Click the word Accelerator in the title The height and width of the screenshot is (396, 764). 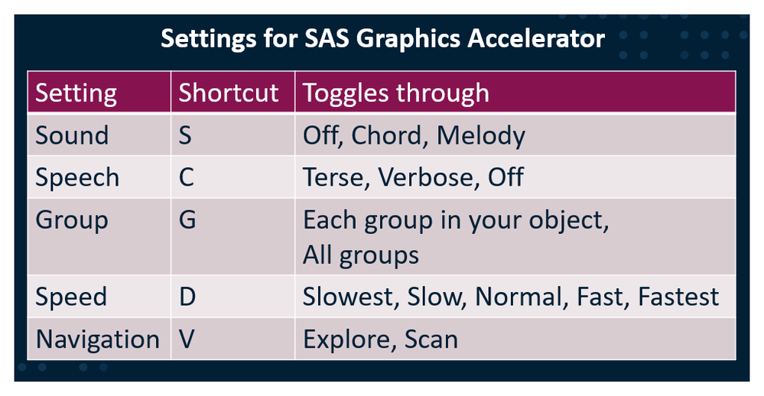point(536,38)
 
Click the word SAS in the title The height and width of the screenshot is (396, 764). point(327,38)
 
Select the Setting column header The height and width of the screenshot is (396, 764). point(76,93)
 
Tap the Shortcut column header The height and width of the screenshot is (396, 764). point(229,93)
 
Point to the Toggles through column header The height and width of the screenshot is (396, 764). point(395,93)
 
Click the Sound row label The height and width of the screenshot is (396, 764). point(72,135)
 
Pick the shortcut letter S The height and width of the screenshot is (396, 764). point(185,135)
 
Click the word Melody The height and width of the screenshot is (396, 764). point(481,136)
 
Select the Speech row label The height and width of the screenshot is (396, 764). point(77,178)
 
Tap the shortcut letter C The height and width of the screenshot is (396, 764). point(186,177)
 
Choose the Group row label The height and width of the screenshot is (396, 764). point(72,221)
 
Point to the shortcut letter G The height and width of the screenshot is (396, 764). point(187,219)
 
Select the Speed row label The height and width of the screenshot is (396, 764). point(71,297)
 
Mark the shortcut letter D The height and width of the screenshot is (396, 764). point(187,297)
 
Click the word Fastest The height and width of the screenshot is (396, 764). point(678,297)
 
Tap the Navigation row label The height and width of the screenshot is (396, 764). point(97,339)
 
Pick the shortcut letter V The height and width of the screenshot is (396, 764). point(187,339)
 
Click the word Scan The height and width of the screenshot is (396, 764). point(431,339)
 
